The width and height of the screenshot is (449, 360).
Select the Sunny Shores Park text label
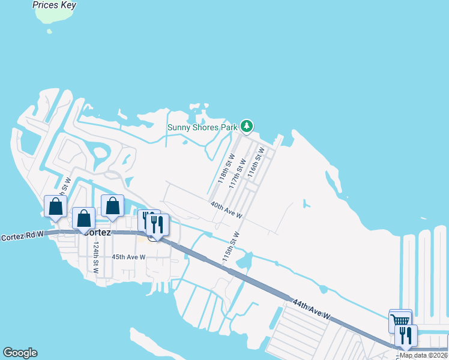coord(203,127)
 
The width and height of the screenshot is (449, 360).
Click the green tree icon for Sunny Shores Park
coord(246,126)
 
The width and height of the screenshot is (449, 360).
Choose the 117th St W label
coord(237,173)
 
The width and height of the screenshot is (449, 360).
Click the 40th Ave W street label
coord(226,210)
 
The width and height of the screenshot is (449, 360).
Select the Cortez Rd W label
coord(23,237)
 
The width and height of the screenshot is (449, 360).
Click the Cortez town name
coord(98,232)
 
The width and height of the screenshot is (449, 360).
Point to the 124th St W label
coord(95,257)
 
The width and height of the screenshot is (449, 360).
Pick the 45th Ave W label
coord(128,257)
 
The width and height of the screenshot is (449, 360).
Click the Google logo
coord(20,353)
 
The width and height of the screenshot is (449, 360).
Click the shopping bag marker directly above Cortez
coord(84,218)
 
